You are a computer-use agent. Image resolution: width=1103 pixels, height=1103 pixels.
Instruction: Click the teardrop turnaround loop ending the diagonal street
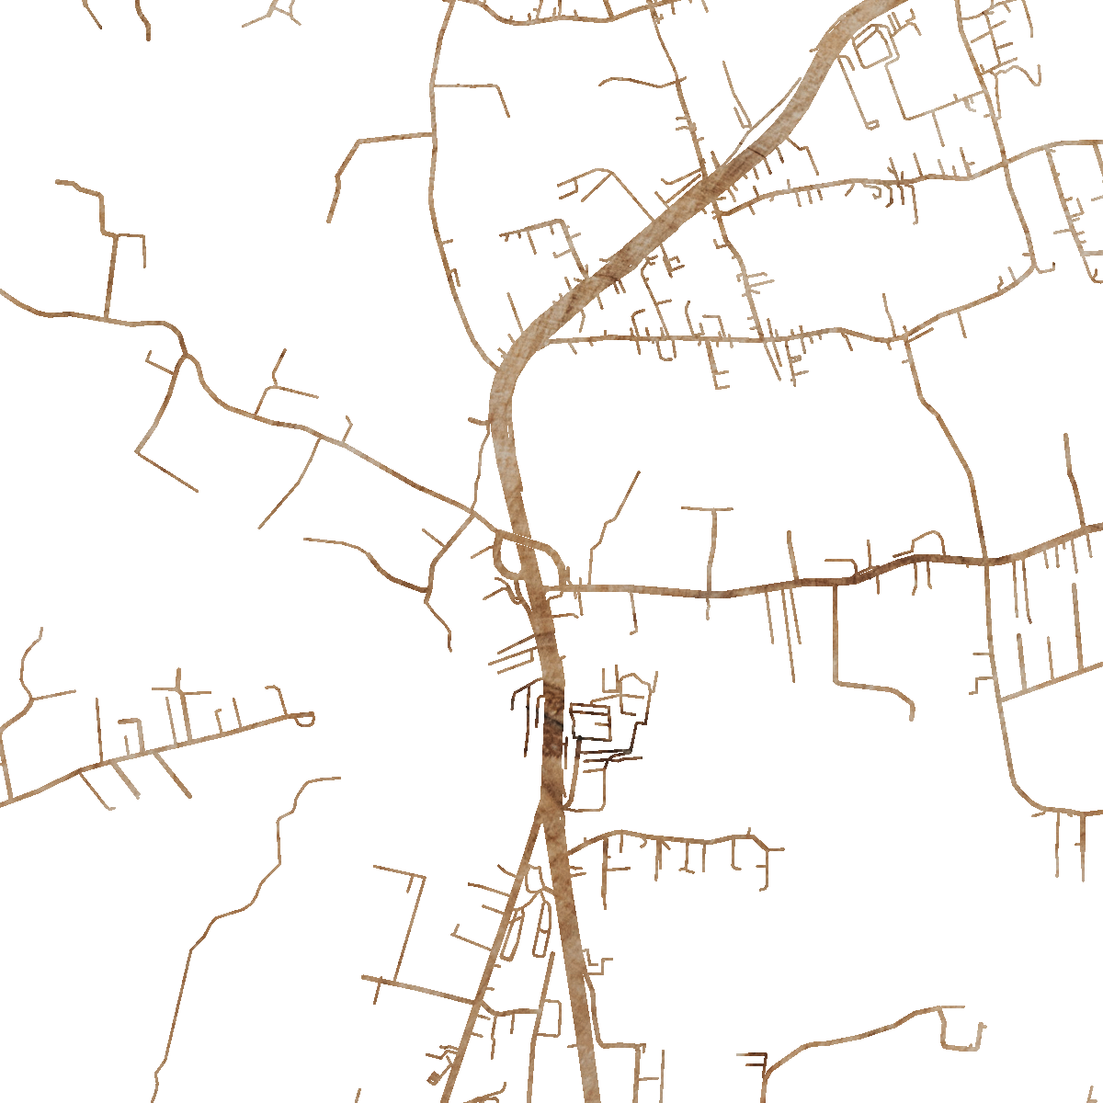coord(306,718)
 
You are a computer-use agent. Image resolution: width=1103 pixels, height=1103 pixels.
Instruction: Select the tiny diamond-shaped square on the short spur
coord(434,1077)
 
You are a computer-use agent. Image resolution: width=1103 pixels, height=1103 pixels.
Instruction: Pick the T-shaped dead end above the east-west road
coord(708,508)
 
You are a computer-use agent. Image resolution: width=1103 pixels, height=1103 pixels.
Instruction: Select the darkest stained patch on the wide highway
coord(552,726)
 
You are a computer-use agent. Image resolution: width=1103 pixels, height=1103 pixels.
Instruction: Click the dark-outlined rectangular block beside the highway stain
coord(590,722)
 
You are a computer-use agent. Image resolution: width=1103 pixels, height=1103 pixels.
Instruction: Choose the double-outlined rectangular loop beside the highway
coord(874,46)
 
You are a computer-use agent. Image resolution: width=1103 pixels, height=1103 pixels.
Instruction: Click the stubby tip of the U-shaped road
coord(982,1028)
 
